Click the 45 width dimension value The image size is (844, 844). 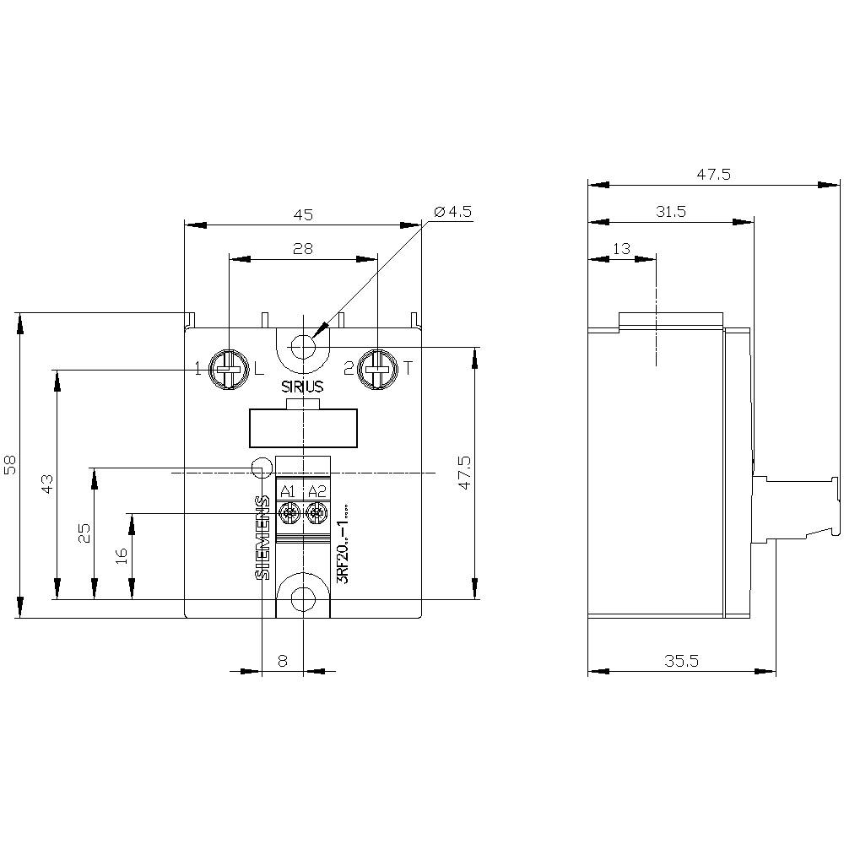pos(303,214)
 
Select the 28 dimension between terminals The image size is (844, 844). pos(303,248)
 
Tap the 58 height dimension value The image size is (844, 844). pos(10,465)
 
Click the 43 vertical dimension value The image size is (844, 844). pos(48,484)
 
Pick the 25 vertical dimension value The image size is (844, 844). pos(85,533)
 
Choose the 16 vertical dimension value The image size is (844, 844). pos(122,555)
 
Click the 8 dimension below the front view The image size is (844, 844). pos(283,662)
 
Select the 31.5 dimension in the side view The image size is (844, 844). pos(670,212)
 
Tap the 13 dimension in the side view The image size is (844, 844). pos(621,248)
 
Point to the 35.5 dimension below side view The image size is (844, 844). pos(681,662)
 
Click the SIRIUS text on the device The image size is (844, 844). pos(302,387)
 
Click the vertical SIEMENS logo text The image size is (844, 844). pos(262,538)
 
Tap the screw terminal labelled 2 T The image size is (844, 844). pos(377,368)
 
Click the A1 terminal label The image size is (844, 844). pos(288,491)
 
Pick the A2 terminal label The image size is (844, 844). pos(316,491)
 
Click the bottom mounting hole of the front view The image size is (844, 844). pos(302,598)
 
